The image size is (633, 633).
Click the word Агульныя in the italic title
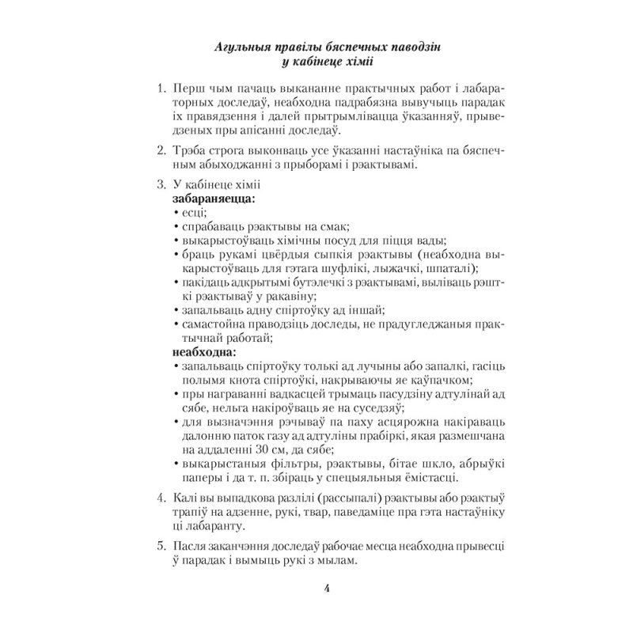[244, 47]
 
